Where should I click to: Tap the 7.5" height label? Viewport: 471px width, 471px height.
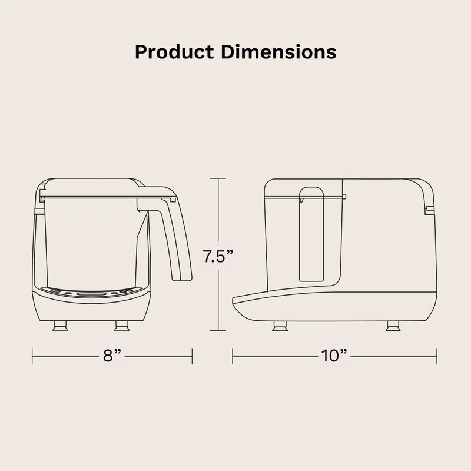coord(218,257)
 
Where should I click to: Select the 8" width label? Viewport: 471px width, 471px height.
coord(112,356)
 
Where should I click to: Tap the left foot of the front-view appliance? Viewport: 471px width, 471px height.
coord(60,326)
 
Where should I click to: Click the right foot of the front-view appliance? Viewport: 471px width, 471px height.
coord(122,326)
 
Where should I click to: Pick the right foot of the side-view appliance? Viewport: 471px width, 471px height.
coord(392,326)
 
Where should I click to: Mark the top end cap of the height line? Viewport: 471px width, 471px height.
coord(218,178)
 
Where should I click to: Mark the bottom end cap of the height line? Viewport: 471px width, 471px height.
coord(218,333)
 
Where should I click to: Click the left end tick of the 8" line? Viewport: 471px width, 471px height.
coord(32,356)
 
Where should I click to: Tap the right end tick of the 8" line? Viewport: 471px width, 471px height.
coord(193,356)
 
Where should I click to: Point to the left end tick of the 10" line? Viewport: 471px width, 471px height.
coord(233,356)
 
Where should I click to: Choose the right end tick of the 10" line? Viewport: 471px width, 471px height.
coord(436,356)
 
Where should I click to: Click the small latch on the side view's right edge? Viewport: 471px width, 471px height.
coord(430,209)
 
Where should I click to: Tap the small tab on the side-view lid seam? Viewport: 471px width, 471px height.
coord(344,196)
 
